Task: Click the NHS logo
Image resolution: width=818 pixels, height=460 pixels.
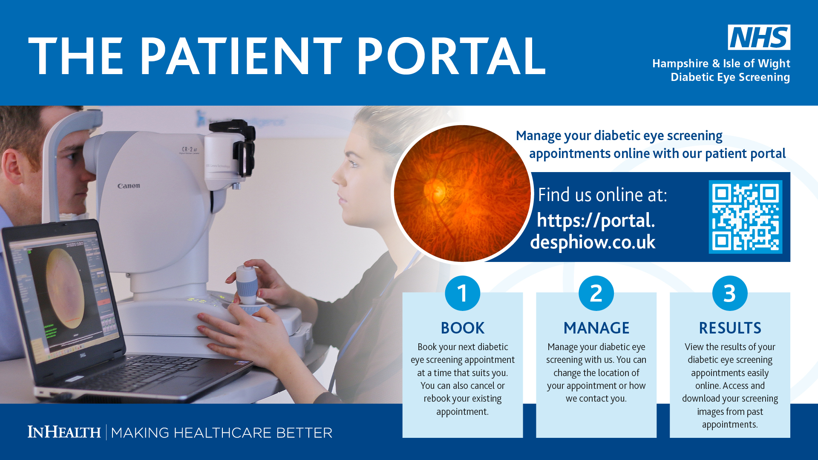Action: click(x=759, y=37)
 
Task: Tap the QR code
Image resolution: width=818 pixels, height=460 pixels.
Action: click(x=745, y=217)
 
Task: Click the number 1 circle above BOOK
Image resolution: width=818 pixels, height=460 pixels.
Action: click(x=462, y=293)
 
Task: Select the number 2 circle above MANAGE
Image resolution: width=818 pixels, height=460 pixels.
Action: click(x=596, y=293)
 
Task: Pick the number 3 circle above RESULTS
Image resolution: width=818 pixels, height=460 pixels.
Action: click(x=730, y=293)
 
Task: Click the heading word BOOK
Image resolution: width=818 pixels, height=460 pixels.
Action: click(x=463, y=328)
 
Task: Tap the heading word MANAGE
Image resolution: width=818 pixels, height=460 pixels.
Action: click(x=596, y=328)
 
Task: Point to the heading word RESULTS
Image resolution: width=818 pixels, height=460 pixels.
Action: click(x=730, y=328)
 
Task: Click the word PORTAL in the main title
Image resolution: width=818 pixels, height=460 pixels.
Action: click(x=451, y=56)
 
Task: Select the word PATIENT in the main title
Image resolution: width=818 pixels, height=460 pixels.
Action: click(x=241, y=56)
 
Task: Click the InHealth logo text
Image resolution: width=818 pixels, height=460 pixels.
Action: click(x=64, y=432)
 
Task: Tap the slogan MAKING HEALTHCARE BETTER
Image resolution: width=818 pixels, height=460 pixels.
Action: click(x=222, y=433)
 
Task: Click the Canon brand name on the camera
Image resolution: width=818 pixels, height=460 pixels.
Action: click(x=129, y=186)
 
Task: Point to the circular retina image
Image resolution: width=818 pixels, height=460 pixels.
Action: click(x=462, y=193)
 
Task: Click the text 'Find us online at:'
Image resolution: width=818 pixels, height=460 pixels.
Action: click(x=602, y=195)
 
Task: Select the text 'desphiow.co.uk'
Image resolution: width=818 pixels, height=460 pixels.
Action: click(x=593, y=242)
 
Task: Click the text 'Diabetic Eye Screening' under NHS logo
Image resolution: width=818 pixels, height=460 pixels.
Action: click(x=730, y=77)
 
